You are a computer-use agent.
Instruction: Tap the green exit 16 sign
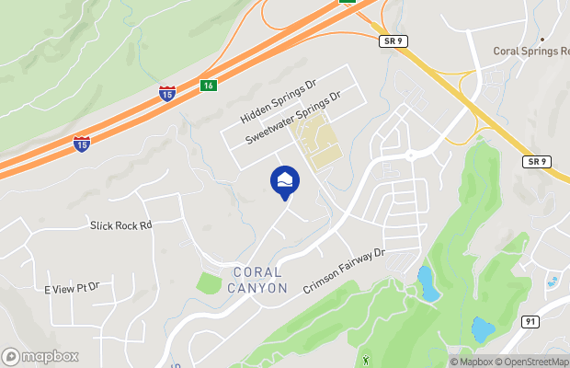click(210, 86)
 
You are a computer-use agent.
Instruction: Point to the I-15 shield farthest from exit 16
click(82, 144)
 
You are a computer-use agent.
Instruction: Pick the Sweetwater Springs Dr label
click(292, 118)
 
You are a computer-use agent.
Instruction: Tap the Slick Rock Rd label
click(120, 224)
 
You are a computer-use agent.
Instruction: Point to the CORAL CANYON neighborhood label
click(260, 280)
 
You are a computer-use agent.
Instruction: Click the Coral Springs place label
click(531, 52)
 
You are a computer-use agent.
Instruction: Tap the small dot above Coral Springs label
click(542, 40)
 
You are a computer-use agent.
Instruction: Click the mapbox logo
click(40, 356)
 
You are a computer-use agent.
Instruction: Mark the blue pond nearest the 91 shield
click(482, 328)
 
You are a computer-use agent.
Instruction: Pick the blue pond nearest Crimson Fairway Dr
click(426, 284)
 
